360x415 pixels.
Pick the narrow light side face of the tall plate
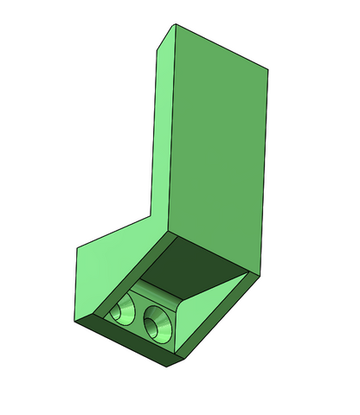coord(161,130)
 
